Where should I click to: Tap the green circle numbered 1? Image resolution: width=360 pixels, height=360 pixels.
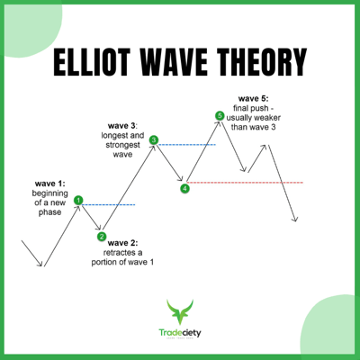pos(78,201)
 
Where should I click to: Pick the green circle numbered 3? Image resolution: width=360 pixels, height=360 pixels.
pos(154,140)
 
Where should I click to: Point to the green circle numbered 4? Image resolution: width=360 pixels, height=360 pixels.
pos(184,188)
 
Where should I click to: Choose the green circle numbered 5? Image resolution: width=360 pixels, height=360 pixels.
pos(220,115)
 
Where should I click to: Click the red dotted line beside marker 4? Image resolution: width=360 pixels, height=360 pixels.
pos(247,183)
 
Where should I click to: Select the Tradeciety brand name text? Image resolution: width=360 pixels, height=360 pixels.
pos(180,333)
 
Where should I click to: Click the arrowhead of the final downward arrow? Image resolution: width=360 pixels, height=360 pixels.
pos(294,219)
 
